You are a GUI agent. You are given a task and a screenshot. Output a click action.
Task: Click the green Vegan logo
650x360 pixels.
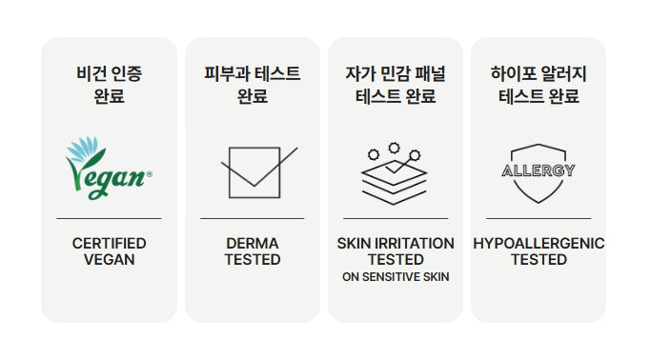pyautogui.click(x=109, y=169)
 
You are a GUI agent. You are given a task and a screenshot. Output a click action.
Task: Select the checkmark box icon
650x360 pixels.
pyautogui.click(x=259, y=172)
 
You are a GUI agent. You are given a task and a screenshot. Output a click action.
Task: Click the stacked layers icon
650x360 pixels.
pyautogui.click(x=394, y=174)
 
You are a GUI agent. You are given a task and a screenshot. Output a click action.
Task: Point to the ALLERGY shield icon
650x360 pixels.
pyautogui.click(x=538, y=173)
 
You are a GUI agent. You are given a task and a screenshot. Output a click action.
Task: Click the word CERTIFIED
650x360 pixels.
pyautogui.click(x=109, y=243)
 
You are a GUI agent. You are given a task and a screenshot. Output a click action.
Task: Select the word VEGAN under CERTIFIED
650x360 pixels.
pyautogui.click(x=109, y=260)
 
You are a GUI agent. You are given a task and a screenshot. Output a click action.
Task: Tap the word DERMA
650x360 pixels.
pyautogui.click(x=252, y=243)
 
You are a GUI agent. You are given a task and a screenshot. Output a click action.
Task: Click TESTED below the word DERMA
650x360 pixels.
pyautogui.click(x=253, y=260)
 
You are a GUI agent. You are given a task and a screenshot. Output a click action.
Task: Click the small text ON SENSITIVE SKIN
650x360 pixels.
pyautogui.click(x=396, y=277)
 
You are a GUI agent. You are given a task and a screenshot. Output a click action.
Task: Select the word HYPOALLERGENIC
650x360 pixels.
pyautogui.click(x=538, y=243)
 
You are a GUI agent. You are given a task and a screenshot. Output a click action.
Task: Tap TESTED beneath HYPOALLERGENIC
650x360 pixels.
pyautogui.click(x=538, y=260)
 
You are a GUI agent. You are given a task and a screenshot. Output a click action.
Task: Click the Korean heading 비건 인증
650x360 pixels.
pyautogui.click(x=109, y=73)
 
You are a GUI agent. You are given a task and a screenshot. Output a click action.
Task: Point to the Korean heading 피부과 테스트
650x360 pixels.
pyautogui.click(x=252, y=73)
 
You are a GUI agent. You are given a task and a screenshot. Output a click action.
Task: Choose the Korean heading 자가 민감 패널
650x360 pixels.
pyautogui.click(x=396, y=73)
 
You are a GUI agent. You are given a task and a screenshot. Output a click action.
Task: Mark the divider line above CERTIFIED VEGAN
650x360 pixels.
pyautogui.click(x=109, y=218)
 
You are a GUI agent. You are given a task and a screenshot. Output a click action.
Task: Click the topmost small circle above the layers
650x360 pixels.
pyautogui.click(x=394, y=148)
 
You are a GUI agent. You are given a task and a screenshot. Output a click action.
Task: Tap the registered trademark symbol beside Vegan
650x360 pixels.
pyautogui.click(x=150, y=174)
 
